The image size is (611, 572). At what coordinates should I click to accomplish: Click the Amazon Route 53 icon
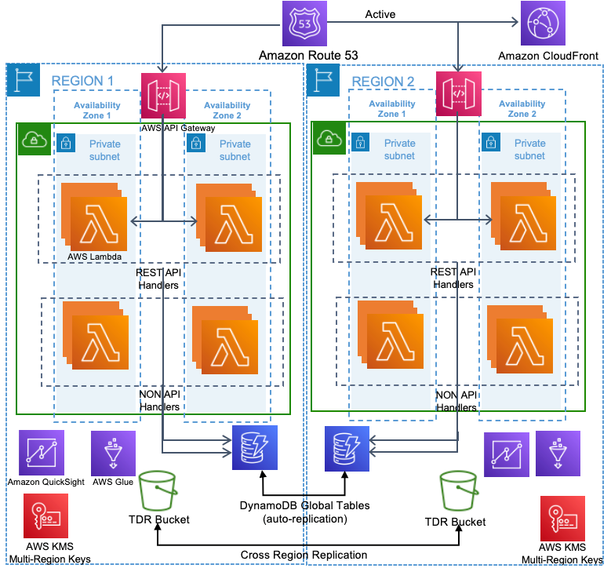pos(304,24)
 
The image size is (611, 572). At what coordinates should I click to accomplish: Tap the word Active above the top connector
pos(380,14)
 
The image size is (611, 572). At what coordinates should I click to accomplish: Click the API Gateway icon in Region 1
pos(164,94)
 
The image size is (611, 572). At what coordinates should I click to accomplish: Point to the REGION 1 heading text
pos(82,81)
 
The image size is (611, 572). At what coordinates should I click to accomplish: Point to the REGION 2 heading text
pos(383,81)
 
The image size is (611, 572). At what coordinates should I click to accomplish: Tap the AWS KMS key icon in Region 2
pos(562,517)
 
